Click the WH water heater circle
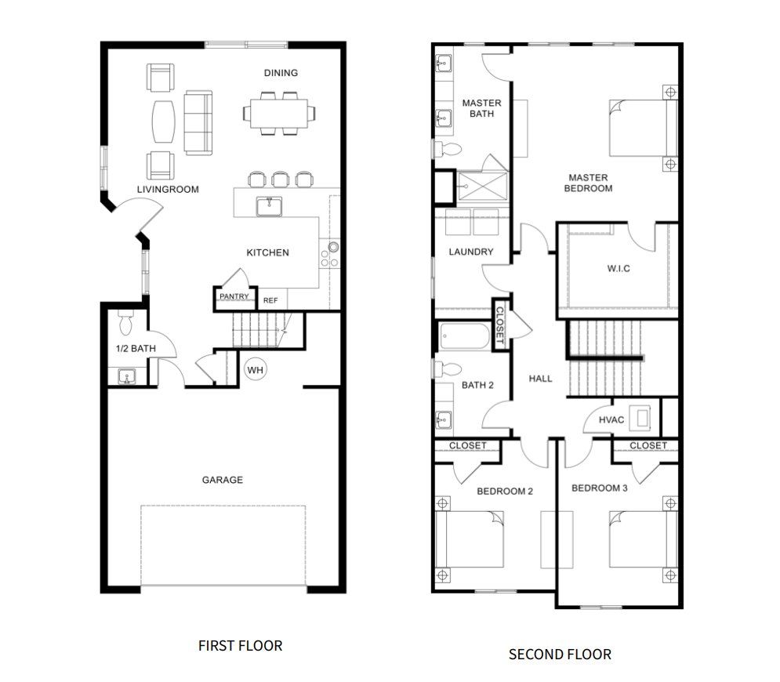(256, 369)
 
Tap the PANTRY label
(234, 296)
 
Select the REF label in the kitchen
(270, 300)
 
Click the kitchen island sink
(269, 206)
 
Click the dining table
(278, 114)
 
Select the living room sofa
(198, 123)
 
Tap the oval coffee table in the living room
(164, 122)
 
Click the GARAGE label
(223, 480)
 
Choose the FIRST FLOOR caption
(240, 646)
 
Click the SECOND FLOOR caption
(560, 654)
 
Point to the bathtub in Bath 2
(465, 336)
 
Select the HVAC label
(611, 420)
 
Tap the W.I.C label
(619, 269)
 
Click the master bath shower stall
(483, 187)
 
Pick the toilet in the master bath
(448, 149)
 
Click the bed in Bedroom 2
(470, 539)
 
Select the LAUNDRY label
(470, 252)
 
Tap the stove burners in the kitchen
(329, 254)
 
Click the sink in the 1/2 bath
(126, 376)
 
